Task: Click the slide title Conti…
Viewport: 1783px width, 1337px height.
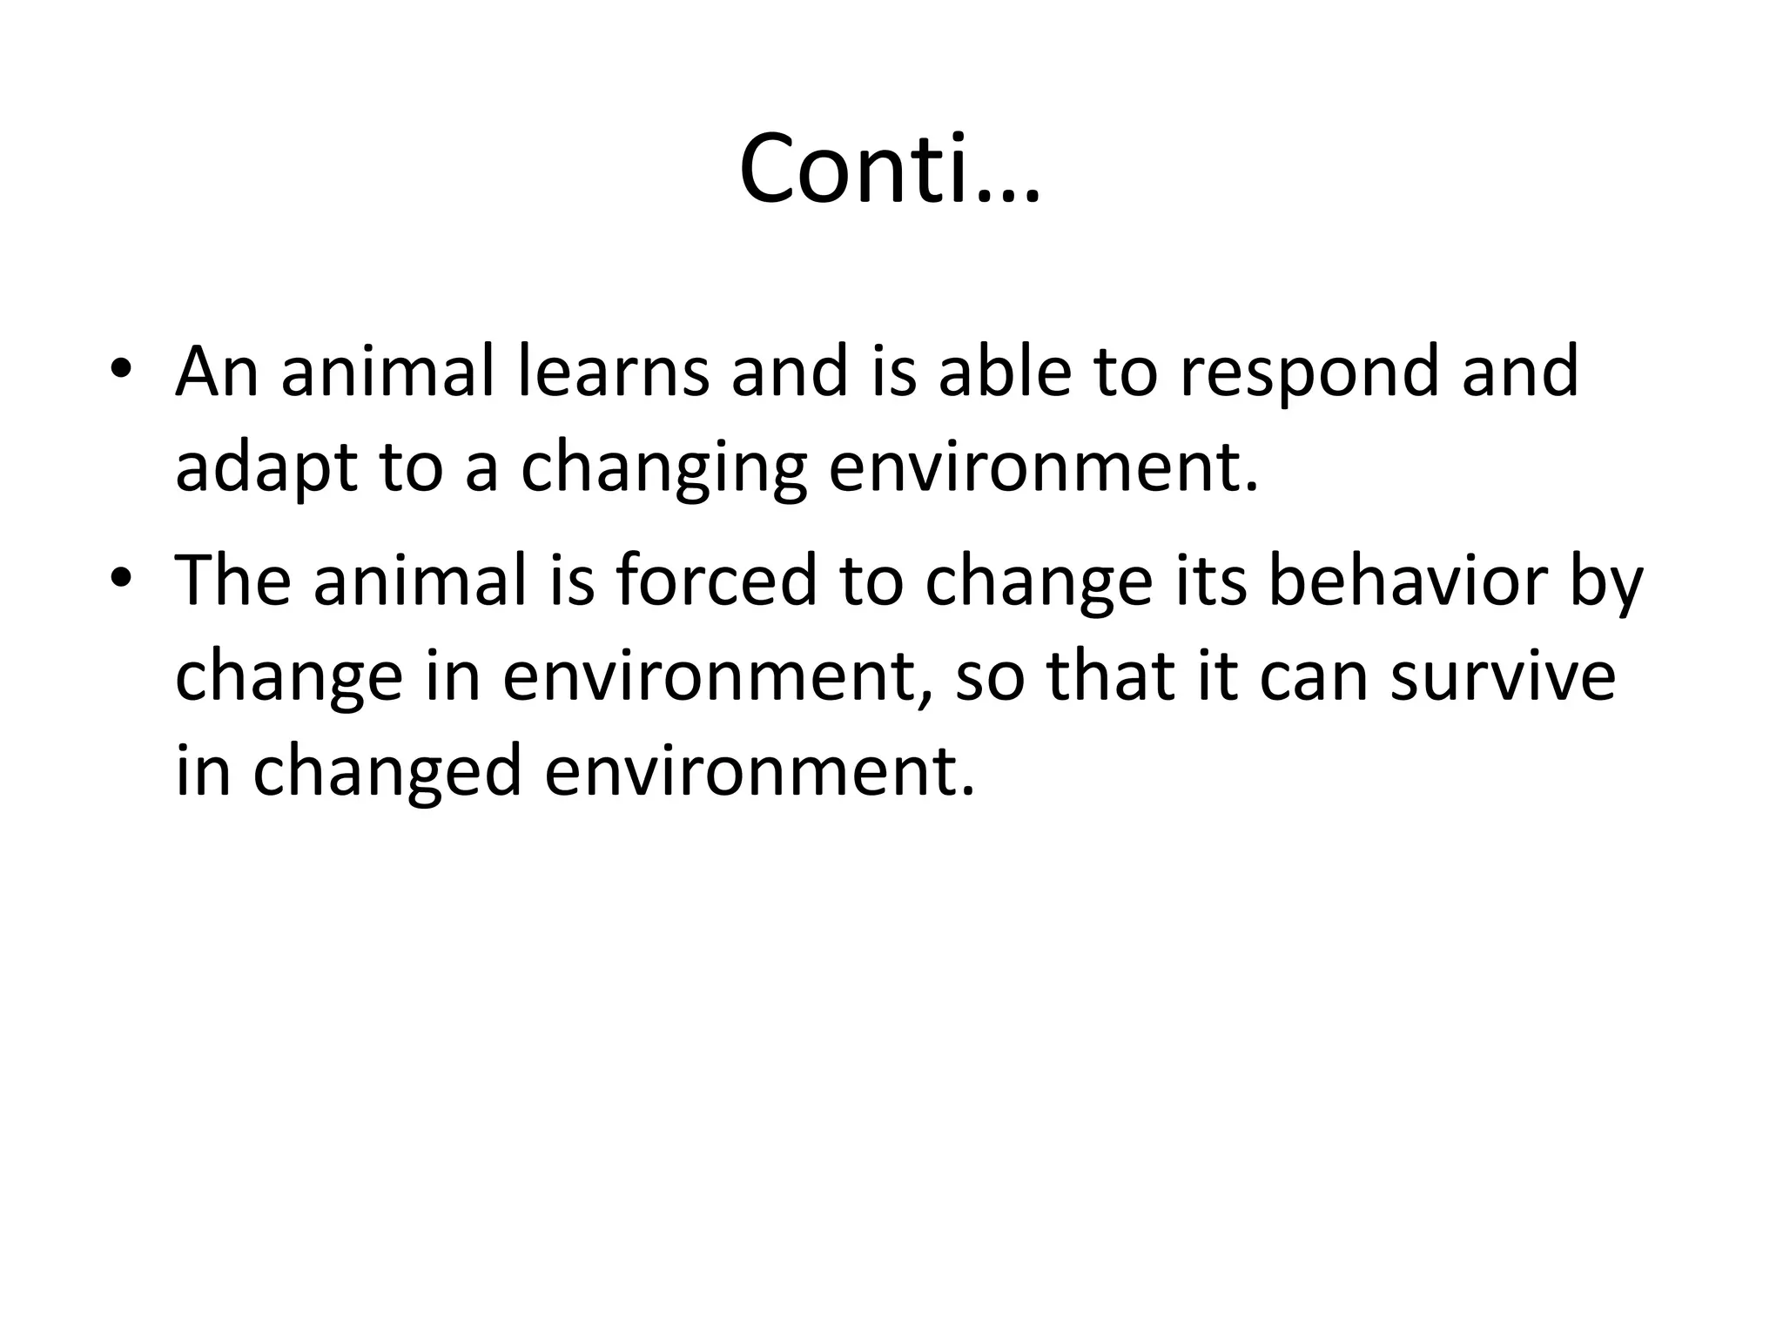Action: (890, 170)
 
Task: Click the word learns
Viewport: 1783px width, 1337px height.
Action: (612, 372)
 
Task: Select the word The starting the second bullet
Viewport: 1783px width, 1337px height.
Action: (232, 581)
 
